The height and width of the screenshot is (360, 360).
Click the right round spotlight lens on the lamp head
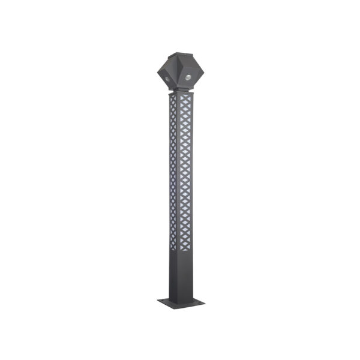(188, 77)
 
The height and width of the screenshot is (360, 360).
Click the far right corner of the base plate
(204, 299)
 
